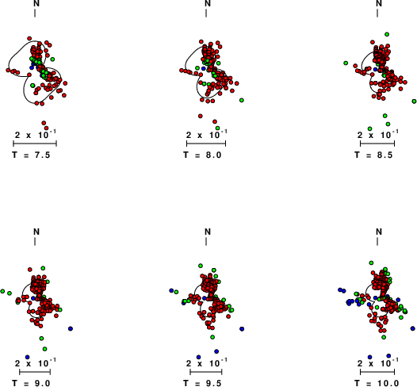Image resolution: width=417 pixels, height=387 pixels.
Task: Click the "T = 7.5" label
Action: pos(31,155)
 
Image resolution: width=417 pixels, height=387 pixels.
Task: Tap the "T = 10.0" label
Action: pos(377,383)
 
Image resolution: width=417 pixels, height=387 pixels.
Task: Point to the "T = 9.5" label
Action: pos(202,383)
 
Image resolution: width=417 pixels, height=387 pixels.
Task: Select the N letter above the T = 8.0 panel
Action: pos(208,3)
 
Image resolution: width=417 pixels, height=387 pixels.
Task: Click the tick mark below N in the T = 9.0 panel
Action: pos(35,242)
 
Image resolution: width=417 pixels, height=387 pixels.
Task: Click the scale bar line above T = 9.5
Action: pos(206,372)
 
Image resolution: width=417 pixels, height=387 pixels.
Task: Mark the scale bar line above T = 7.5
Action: pos(35,144)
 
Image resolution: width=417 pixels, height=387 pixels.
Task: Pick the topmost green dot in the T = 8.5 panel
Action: pos(387,34)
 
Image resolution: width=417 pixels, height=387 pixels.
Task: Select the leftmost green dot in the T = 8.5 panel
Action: pos(346,63)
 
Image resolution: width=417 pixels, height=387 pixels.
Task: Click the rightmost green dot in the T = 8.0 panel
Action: pos(242,100)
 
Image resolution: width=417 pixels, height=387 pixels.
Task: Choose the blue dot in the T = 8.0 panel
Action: pos(204,69)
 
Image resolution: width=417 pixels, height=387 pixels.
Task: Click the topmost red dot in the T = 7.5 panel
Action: pos(29,38)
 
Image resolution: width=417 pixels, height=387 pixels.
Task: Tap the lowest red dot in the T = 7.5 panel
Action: pos(47,128)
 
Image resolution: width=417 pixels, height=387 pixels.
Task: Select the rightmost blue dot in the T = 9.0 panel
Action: pos(71,329)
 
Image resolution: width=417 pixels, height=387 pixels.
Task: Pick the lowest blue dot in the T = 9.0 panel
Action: pos(27,357)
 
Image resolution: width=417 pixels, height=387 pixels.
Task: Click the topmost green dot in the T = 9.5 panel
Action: pos(201,266)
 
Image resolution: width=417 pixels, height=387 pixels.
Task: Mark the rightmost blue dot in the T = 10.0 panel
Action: pos(413,328)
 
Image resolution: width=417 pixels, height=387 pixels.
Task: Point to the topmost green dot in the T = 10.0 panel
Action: pos(371,263)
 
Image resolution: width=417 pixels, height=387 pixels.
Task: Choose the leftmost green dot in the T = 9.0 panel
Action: pos(2,291)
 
